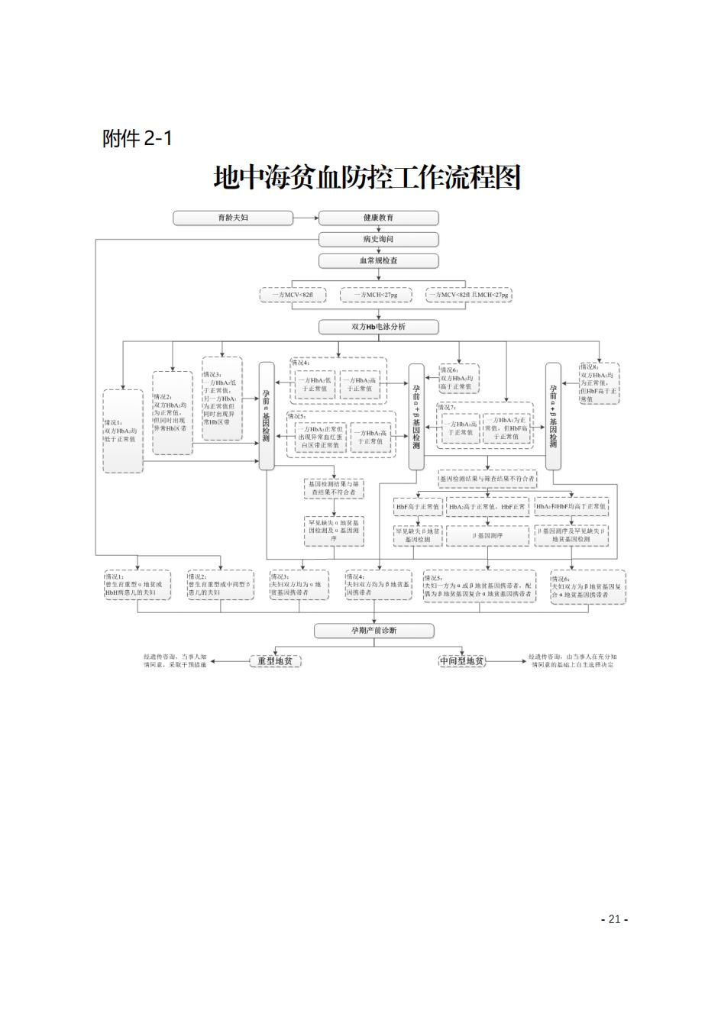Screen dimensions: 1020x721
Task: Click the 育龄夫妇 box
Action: (x=233, y=218)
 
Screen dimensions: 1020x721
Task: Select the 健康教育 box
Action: (x=378, y=218)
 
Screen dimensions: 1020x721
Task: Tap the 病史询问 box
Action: (x=378, y=240)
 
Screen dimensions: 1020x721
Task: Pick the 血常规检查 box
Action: (x=378, y=261)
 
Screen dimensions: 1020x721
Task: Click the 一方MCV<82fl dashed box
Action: (x=293, y=295)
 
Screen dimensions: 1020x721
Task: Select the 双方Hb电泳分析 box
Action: (x=378, y=328)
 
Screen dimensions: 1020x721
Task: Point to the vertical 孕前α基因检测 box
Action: (x=267, y=416)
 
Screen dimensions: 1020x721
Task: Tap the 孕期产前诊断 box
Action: (x=374, y=631)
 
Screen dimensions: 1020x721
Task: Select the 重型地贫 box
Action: (x=275, y=661)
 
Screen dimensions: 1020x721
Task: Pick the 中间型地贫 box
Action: (x=462, y=661)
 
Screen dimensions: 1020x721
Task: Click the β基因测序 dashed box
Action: (x=486, y=536)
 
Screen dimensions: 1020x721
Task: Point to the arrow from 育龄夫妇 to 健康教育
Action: (x=306, y=218)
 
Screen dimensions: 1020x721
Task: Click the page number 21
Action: (x=614, y=919)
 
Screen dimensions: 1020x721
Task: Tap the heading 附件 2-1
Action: (x=137, y=139)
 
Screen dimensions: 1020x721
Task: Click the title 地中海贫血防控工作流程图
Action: (x=367, y=178)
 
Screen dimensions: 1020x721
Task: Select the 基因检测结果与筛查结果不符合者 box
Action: (x=487, y=479)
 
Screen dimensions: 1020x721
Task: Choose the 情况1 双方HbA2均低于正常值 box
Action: (x=123, y=431)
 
